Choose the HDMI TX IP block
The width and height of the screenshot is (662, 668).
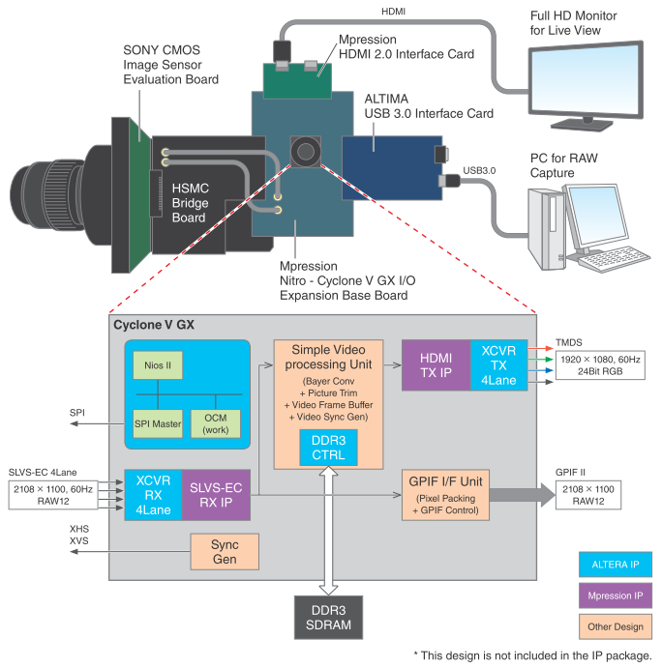(436, 365)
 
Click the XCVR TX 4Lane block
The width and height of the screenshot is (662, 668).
(498, 365)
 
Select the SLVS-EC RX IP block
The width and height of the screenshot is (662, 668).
(215, 494)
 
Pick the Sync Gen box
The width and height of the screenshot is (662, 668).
(225, 551)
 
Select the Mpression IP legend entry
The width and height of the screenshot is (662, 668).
(611, 595)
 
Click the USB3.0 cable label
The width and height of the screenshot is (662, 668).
(479, 170)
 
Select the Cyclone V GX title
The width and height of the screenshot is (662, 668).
(155, 325)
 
